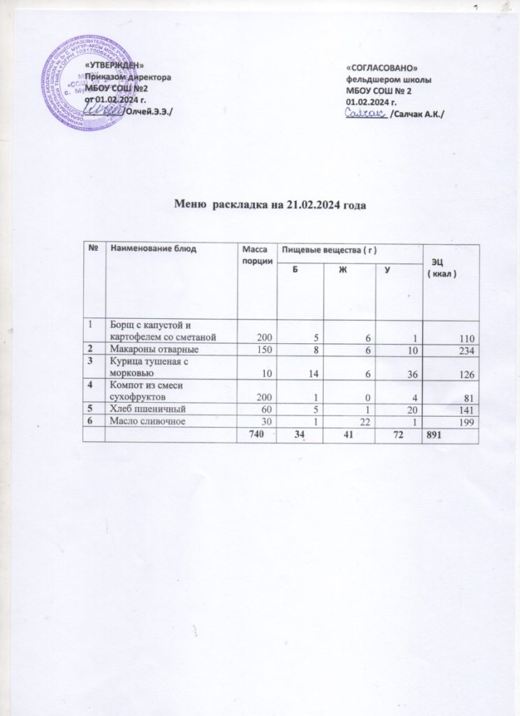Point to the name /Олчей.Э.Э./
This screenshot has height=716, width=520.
[x=149, y=113]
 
